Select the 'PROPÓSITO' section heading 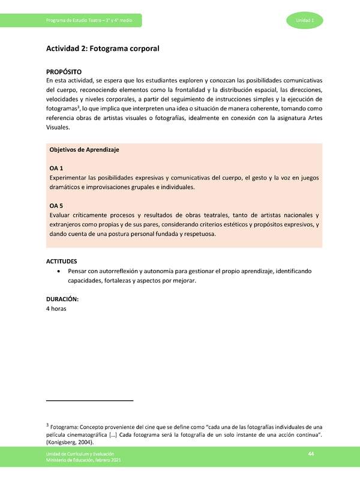coord(65,71)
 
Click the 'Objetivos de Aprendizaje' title coord(84,150)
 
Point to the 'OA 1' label coord(56,169)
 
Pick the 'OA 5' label coord(56,206)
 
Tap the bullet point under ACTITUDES coord(58,272)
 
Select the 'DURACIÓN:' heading coord(62,299)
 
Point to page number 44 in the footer coord(311,453)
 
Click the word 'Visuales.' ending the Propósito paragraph coord(58,127)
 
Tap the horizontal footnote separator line coord(89,400)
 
